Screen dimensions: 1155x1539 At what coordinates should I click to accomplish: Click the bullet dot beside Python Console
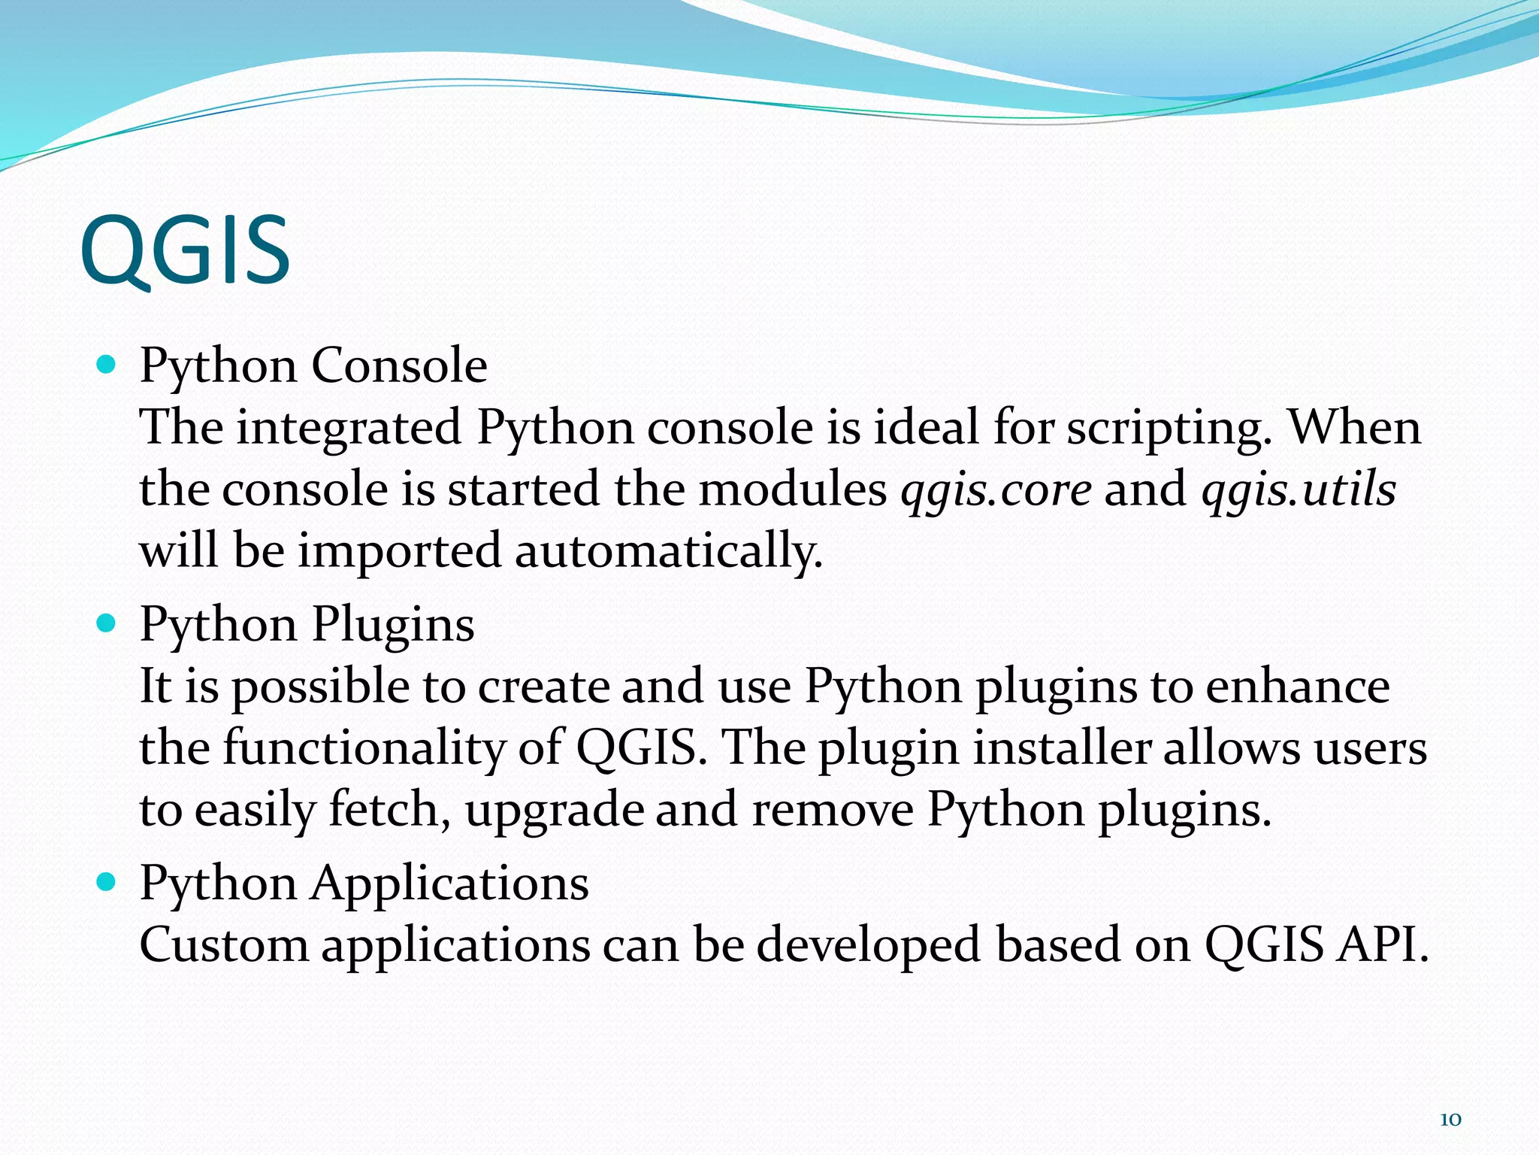coord(107,366)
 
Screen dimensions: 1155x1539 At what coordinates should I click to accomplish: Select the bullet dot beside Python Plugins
coord(107,624)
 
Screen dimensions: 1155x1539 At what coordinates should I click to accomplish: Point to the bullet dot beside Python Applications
coord(107,882)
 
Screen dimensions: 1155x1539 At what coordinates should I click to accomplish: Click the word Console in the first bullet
coord(399,366)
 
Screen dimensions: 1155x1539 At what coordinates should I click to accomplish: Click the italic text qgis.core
coord(996,490)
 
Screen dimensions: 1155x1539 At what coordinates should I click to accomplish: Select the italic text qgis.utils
coord(1299,490)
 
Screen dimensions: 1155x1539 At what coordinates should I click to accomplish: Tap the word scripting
coord(1169,429)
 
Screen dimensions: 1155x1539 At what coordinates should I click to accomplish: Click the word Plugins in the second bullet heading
coord(393,625)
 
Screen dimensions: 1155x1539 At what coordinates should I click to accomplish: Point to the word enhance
coord(1298,687)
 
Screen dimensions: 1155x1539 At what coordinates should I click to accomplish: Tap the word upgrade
coord(554,811)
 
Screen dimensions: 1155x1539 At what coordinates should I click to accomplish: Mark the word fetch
coord(389,810)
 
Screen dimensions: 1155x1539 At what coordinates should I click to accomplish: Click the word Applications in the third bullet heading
coord(450,884)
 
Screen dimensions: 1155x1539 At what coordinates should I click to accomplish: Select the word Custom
coord(224,945)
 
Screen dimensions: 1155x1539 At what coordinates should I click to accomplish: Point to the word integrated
coord(349,429)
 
